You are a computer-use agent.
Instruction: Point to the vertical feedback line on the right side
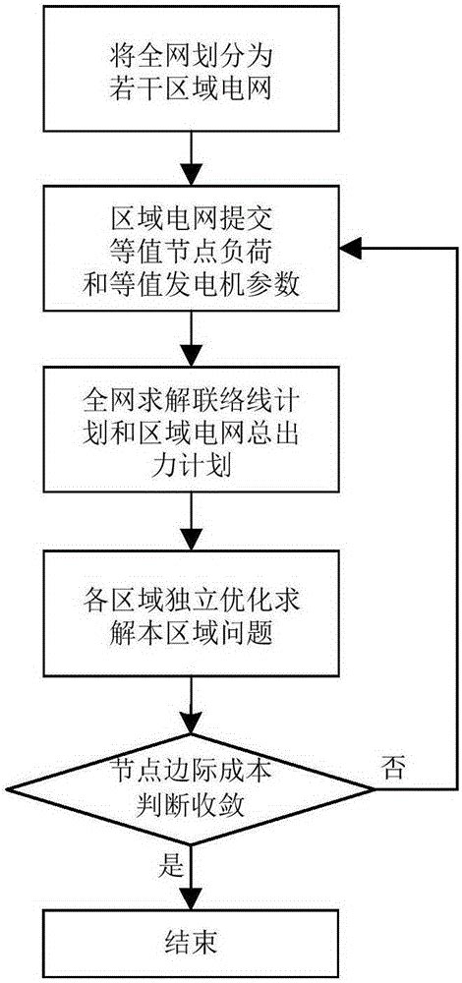pos(455,521)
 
